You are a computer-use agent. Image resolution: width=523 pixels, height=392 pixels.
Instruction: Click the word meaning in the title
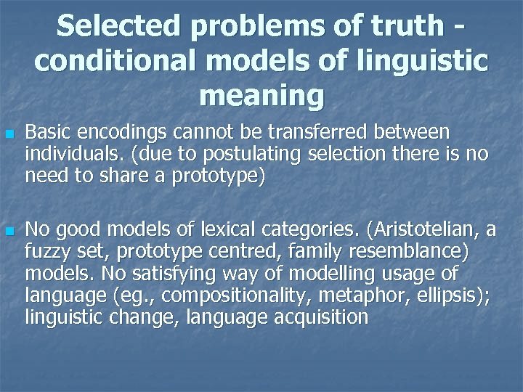click(261, 96)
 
